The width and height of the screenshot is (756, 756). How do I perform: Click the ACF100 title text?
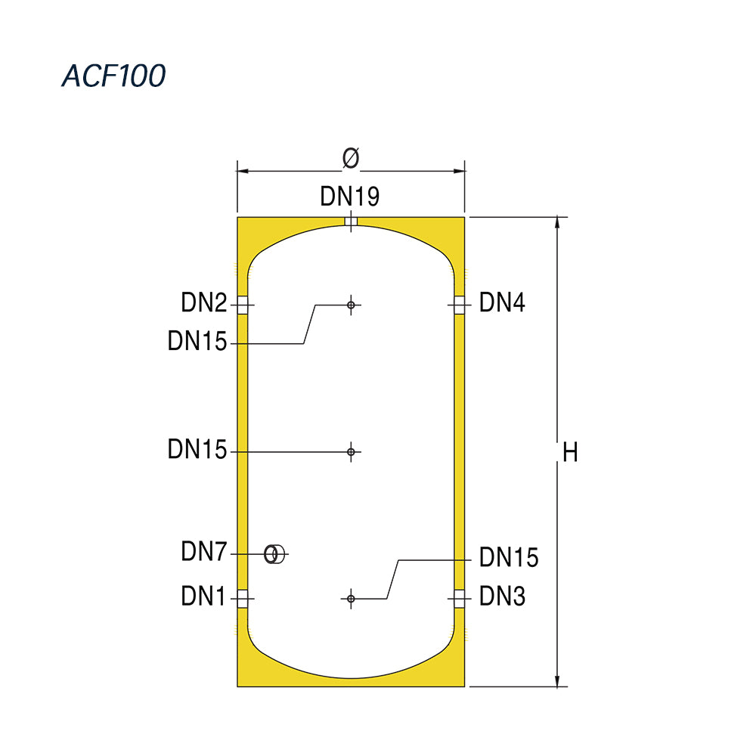point(114,76)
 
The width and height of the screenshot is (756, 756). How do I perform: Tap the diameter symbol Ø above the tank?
point(351,158)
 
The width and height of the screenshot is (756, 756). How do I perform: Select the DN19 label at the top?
point(350,197)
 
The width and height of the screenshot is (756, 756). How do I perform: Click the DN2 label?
point(204,303)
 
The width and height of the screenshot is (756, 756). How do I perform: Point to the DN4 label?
point(502,303)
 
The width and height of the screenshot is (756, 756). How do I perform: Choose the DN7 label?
point(204,551)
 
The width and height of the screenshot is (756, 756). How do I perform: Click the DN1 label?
point(203,596)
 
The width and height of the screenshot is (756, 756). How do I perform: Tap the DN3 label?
point(502,596)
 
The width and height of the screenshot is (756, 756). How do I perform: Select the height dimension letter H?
point(570,453)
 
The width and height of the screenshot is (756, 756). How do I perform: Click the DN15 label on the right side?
point(509,557)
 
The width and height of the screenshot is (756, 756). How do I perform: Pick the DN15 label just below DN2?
point(197,341)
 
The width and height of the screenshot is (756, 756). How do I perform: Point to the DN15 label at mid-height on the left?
point(197,449)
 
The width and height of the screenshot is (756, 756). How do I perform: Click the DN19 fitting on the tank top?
point(351,222)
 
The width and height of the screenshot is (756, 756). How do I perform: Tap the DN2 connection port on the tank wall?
point(243,305)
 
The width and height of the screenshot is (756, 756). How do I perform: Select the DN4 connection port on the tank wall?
point(460,305)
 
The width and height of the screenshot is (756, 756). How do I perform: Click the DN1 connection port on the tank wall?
point(243,599)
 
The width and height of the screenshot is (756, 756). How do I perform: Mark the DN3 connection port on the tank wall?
point(460,599)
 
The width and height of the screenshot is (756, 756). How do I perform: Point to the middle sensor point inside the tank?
point(351,452)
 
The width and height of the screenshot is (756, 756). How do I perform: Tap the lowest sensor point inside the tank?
point(351,599)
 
